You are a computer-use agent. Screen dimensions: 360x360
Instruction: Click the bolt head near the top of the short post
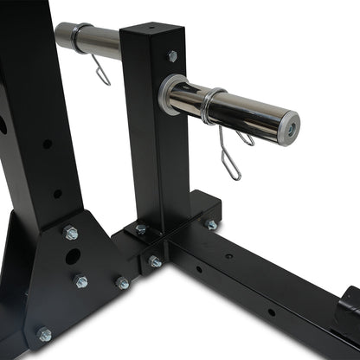[172, 56]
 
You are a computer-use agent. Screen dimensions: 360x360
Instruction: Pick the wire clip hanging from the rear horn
[101, 69]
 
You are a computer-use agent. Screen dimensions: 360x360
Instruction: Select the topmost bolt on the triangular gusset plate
[71, 232]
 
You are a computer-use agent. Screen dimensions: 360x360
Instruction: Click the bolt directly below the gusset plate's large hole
[80, 280]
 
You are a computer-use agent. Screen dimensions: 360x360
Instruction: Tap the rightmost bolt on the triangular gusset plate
[123, 283]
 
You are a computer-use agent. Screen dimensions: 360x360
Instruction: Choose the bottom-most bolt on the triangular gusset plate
[42, 334]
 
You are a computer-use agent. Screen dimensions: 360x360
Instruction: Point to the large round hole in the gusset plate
[74, 257]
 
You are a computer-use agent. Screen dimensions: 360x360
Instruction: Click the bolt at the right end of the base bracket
[210, 224]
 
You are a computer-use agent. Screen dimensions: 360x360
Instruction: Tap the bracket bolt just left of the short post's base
[140, 229]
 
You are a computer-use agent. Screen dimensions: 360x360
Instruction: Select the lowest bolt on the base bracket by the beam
[155, 260]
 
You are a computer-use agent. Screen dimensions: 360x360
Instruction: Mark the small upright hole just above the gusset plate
[56, 193]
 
